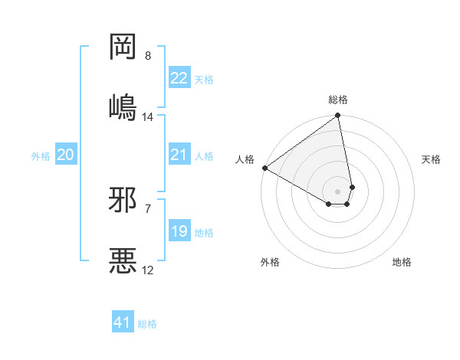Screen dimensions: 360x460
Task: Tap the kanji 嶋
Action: coord(123,106)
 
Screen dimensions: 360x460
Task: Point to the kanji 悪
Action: coord(123,260)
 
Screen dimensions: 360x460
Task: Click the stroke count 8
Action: coord(148,56)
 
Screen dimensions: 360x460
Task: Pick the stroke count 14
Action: coord(148,116)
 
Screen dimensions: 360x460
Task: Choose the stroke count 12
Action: coord(148,270)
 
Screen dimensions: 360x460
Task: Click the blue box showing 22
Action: coord(179,78)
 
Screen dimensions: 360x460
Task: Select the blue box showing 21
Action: coord(179,155)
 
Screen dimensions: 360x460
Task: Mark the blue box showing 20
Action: coord(66,155)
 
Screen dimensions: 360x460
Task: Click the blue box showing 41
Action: coord(123,323)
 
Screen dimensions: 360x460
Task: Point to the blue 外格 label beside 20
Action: coord(41,156)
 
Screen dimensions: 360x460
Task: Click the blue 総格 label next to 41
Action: coord(147,324)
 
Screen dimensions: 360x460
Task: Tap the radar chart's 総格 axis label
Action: coord(338,100)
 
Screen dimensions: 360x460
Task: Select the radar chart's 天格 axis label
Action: coord(432,159)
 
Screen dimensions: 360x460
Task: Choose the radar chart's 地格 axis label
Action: coord(402,262)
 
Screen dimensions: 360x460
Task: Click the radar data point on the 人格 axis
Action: coord(264,168)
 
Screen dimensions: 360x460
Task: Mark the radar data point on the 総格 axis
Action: coord(338,116)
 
